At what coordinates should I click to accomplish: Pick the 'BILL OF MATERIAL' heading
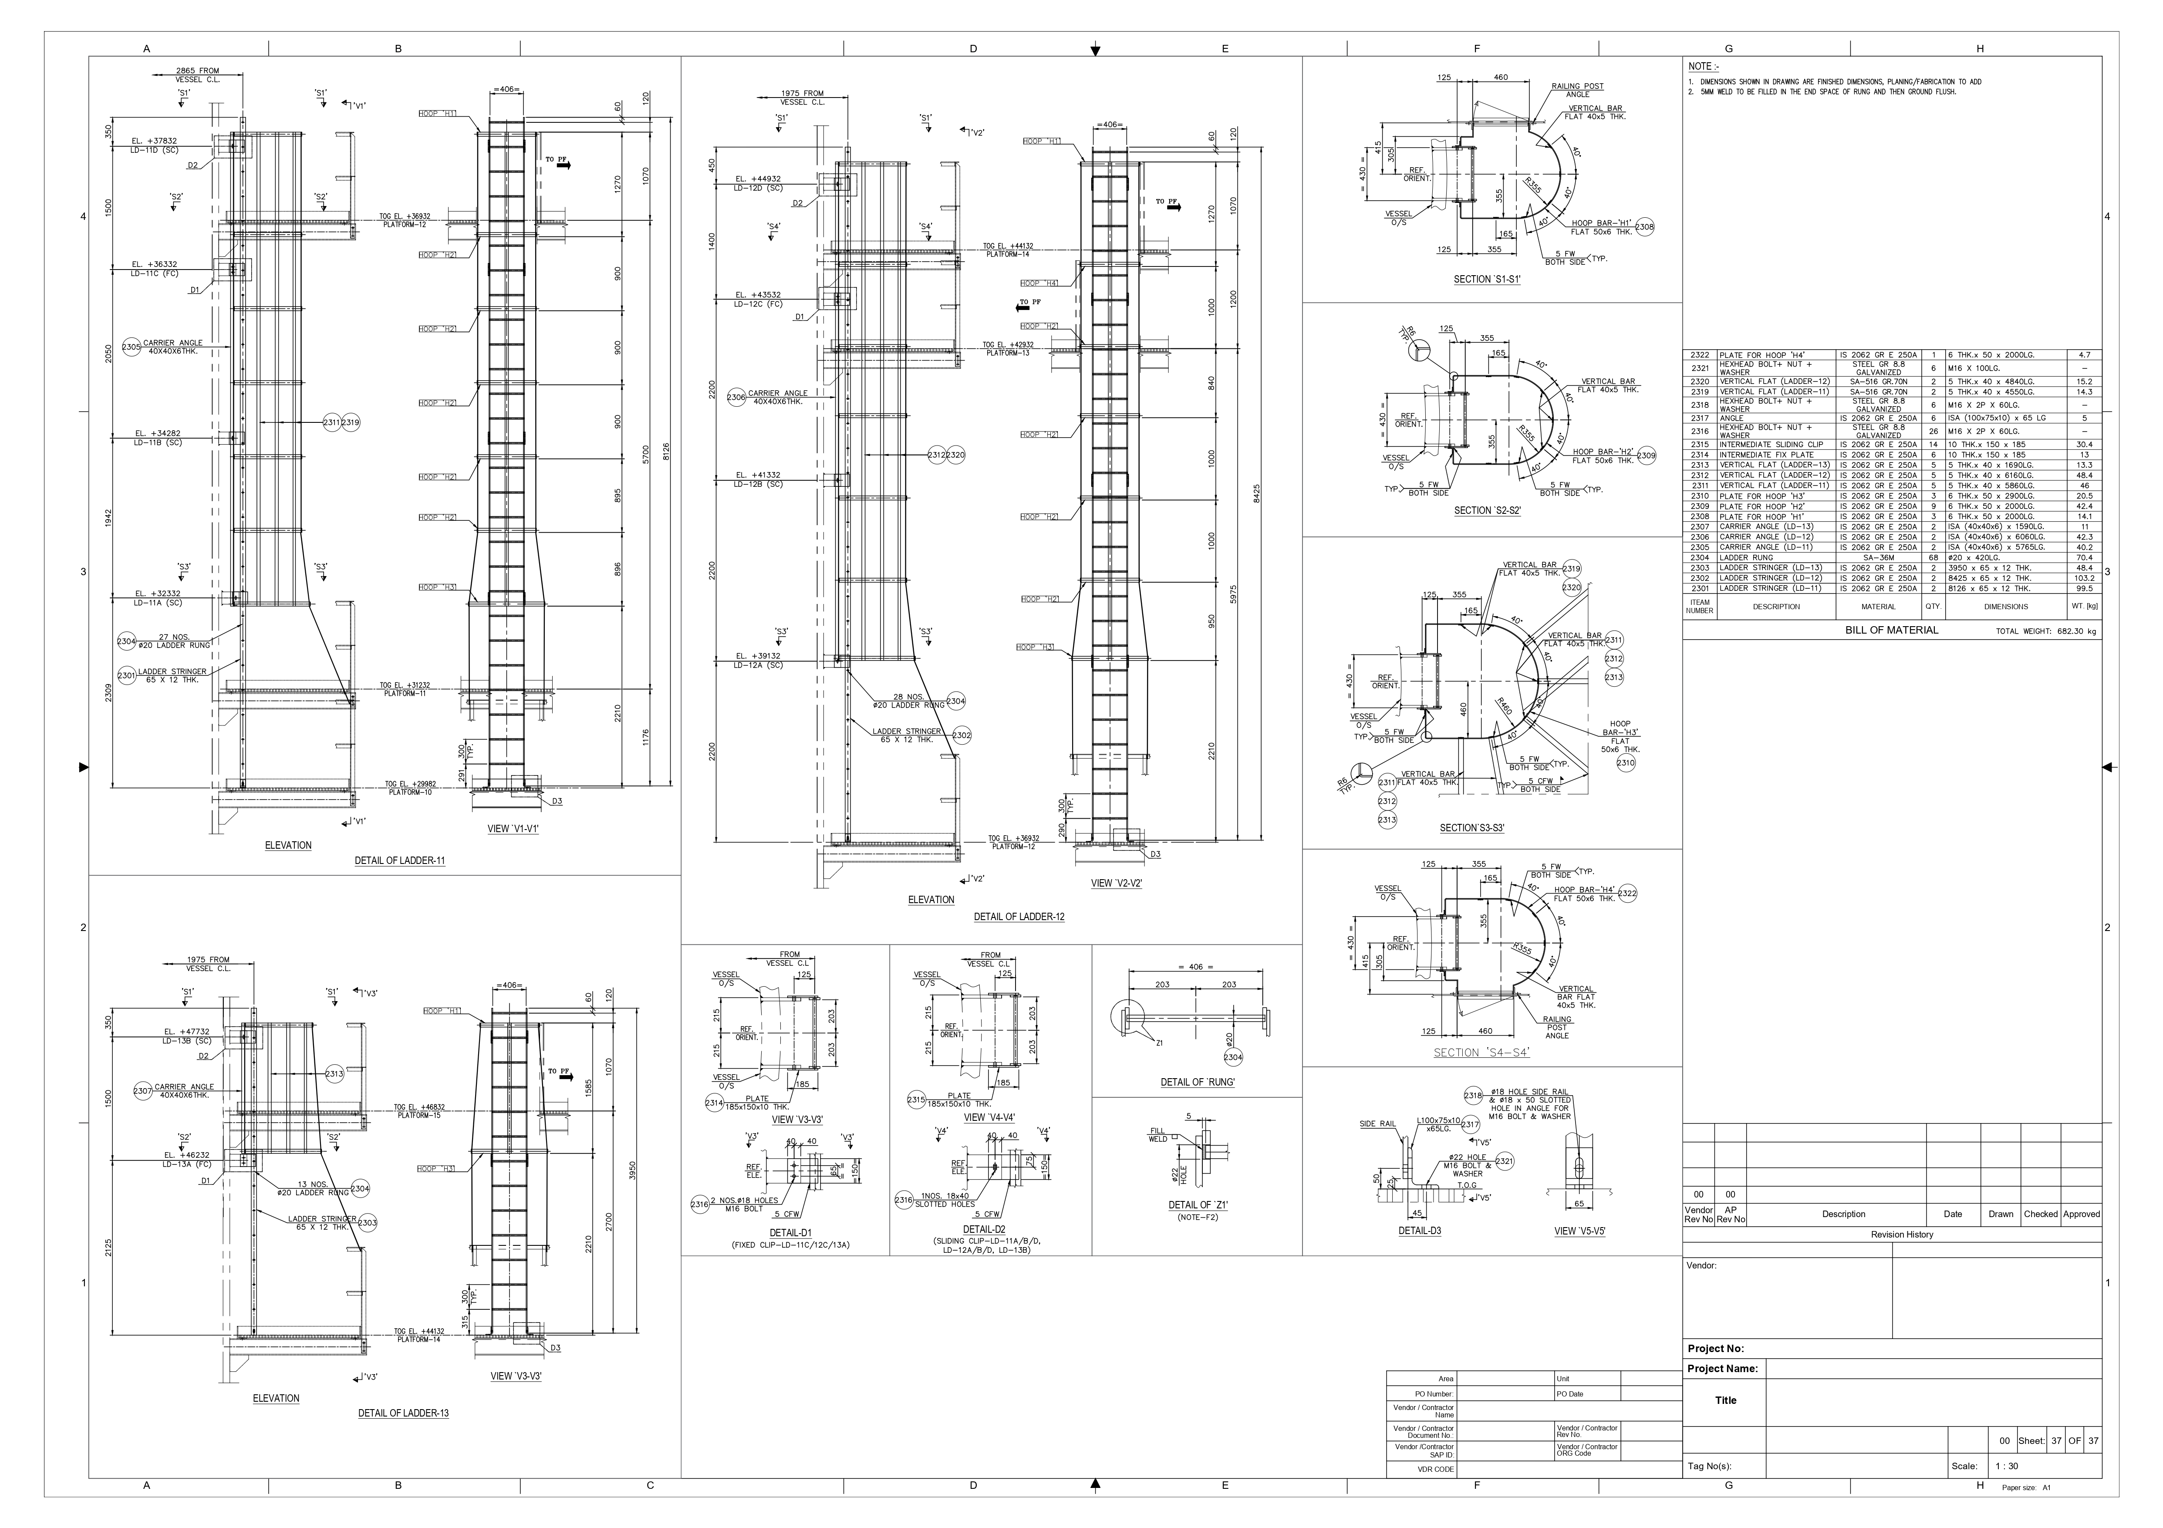point(1892,630)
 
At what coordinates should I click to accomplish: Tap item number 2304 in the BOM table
point(1700,558)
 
